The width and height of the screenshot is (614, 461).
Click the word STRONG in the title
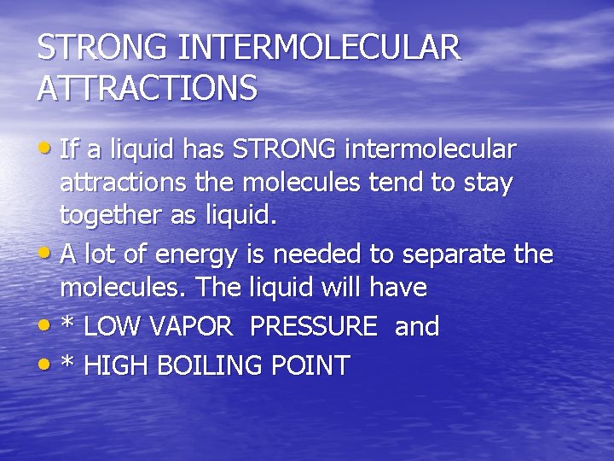tap(102, 48)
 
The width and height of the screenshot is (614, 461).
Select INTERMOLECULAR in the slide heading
tap(319, 48)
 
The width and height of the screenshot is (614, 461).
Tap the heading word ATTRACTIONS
tap(147, 87)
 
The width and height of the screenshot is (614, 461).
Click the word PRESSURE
tap(314, 326)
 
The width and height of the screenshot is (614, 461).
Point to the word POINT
tap(310, 365)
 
